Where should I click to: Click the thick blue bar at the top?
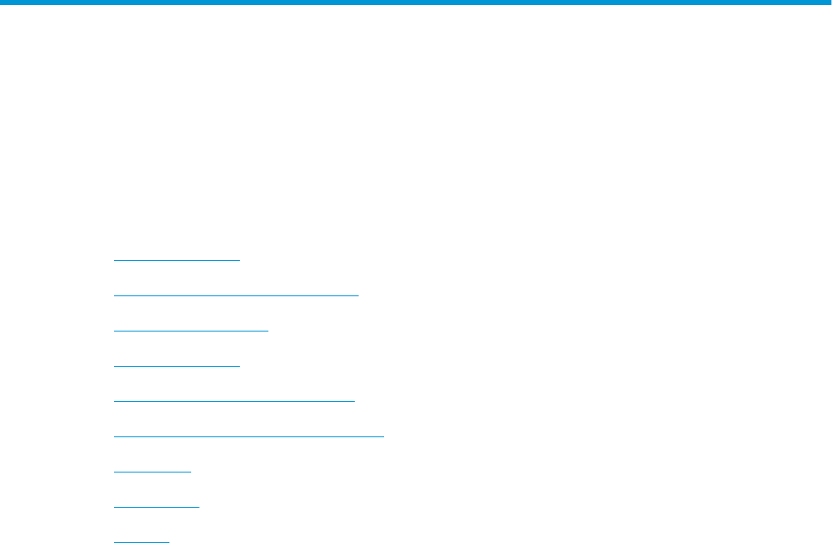pyautogui.click(x=416, y=3)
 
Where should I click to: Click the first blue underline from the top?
pyautogui.click(x=176, y=260)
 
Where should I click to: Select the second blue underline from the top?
pyautogui.click(x=236, y=295)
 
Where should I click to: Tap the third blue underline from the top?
pyautogui.click(x=190, y=331)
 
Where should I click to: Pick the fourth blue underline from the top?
pyautogui.click(x=176, y=366)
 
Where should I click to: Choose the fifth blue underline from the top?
pyautogui.click(x=234, y=401)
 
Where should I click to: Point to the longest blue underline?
pyautogui.click(x=248, y=436)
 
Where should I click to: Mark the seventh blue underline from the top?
pyautogui.click(x=152, y=472)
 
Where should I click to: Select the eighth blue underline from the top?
pyautogui.click(x=156, y=507)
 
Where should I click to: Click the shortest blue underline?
pyautogui.click(x=141, y=541)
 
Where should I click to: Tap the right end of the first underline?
pyautogui.click(x=239, y=260)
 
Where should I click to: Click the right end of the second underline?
pyautogui.click(x=358, y=295)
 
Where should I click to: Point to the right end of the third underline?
pyautogui.click(x=268, y=331)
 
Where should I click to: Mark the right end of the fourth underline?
pyautogui.click(x=239, y=366)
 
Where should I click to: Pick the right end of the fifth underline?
pyautogui.click(x=355, y=401)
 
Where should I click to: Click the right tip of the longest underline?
pyautogui.click(x=383, y=436)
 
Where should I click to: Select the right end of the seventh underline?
pyautogui.click(x=191, y=472)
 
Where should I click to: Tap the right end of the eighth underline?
pyautogui.click(x=199, y=507)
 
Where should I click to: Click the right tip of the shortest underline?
pyautogui.click(x=169, y=541)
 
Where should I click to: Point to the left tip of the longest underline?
pyautogui.click(x=114, y=436)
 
